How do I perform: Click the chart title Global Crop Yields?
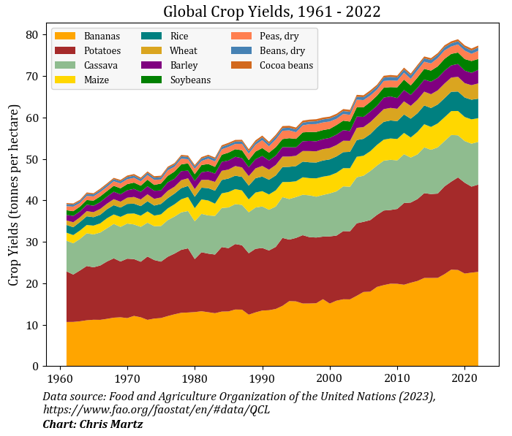click(271, 12)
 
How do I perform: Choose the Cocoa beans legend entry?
click(286, 65)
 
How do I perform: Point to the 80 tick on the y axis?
click(33, 35)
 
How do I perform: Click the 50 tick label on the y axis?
click(33, 159)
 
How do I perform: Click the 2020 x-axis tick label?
click(464, 380)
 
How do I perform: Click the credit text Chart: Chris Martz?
click(92, 424)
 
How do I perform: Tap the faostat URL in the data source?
click(156, 410)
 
